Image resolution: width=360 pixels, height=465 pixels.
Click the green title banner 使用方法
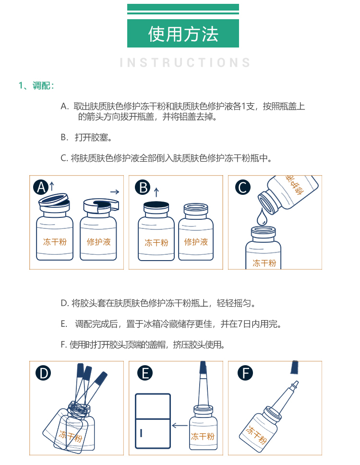point(183,33)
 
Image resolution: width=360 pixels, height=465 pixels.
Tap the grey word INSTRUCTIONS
point(185,62)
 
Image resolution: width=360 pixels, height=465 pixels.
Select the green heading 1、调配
point(36,85)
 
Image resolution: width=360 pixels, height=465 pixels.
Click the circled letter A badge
point(41,187)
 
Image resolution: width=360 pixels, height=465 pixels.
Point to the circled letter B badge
point(143,188)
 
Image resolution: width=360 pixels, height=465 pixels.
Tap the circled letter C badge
point(242,188)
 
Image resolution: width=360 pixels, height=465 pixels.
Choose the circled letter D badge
point(43,373)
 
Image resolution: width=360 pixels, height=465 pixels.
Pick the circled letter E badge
point(145,373)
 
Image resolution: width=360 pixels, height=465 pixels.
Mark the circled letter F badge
point(245,373)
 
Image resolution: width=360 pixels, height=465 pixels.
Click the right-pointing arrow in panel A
point(115,192)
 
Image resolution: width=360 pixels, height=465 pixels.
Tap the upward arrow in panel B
point(156,192)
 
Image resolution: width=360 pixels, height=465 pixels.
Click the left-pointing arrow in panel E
point(180,426)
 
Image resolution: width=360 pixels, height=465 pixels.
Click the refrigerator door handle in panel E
point(141,433)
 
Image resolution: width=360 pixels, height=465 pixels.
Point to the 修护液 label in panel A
point(99,242)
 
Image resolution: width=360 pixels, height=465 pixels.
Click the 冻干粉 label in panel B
point(156,243)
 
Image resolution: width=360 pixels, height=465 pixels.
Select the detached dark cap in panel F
point(294,367)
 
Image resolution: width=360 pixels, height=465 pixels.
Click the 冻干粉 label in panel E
point(203,436)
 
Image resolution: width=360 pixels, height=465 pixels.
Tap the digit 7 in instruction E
point(240,324)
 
